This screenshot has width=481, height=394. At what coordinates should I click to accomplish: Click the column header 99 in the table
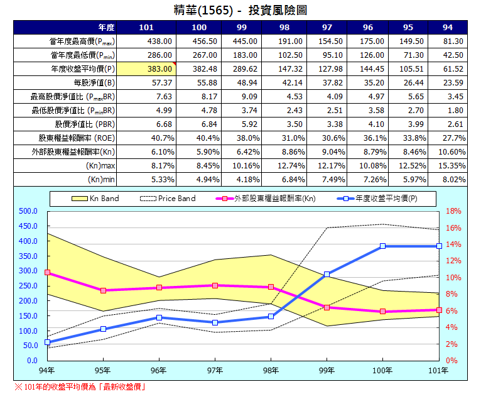pyautogui.click(x=241, y=28)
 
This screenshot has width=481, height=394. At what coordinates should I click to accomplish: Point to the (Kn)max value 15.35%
pyautogui.click(x=452, y=166)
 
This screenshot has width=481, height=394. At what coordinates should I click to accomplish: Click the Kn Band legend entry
pyautogui.click(x=94, y=199)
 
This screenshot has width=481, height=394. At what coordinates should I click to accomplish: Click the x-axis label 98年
pyautogui.click(x=271, y=370)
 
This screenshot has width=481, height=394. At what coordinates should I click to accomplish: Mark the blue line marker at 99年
pyautogui.click(x=327, y=274)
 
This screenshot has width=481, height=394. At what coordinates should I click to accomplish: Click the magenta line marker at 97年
pyautogui.click(x=215, y=285)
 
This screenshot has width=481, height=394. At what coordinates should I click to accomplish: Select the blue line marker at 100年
pyautogui.click(x=382, y=246)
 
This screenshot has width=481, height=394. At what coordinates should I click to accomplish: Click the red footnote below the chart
pyautogui.click(x=80, y=386)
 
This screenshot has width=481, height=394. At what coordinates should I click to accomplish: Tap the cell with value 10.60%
pyautogui.click(x=452, y=152)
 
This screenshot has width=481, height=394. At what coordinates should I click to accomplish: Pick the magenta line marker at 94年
pyautogui.click(x=47, y=273)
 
